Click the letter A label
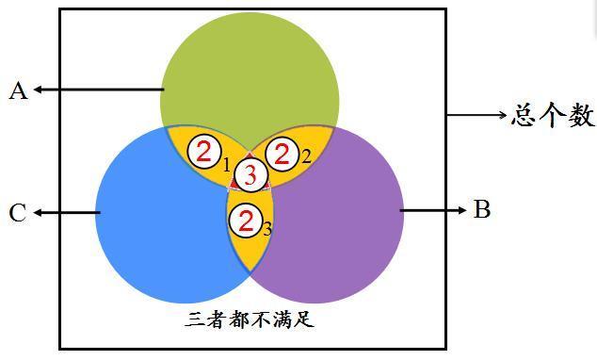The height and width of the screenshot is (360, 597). point(18,90)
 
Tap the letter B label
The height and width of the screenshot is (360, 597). point(482,209)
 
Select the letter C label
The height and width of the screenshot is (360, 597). point(18,213)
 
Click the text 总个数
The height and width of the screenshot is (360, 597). point(553,116)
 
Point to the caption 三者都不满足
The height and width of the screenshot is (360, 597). point(249,319)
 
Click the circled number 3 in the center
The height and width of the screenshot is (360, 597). point(249,174)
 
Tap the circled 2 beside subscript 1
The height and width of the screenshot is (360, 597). point(203,152)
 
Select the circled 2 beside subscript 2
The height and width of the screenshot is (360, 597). point(281,153)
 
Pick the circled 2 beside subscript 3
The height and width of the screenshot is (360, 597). point(246,221)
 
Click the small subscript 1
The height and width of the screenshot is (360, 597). point(226,165)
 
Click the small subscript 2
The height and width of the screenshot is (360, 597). point(305,157)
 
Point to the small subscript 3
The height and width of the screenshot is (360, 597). point(267,229)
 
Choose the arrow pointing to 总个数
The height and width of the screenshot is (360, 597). point(476,116)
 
